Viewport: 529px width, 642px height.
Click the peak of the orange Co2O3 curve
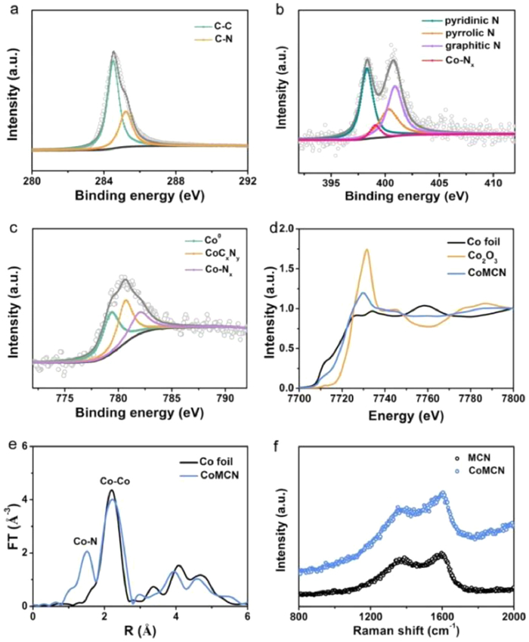(x=367, y=250)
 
